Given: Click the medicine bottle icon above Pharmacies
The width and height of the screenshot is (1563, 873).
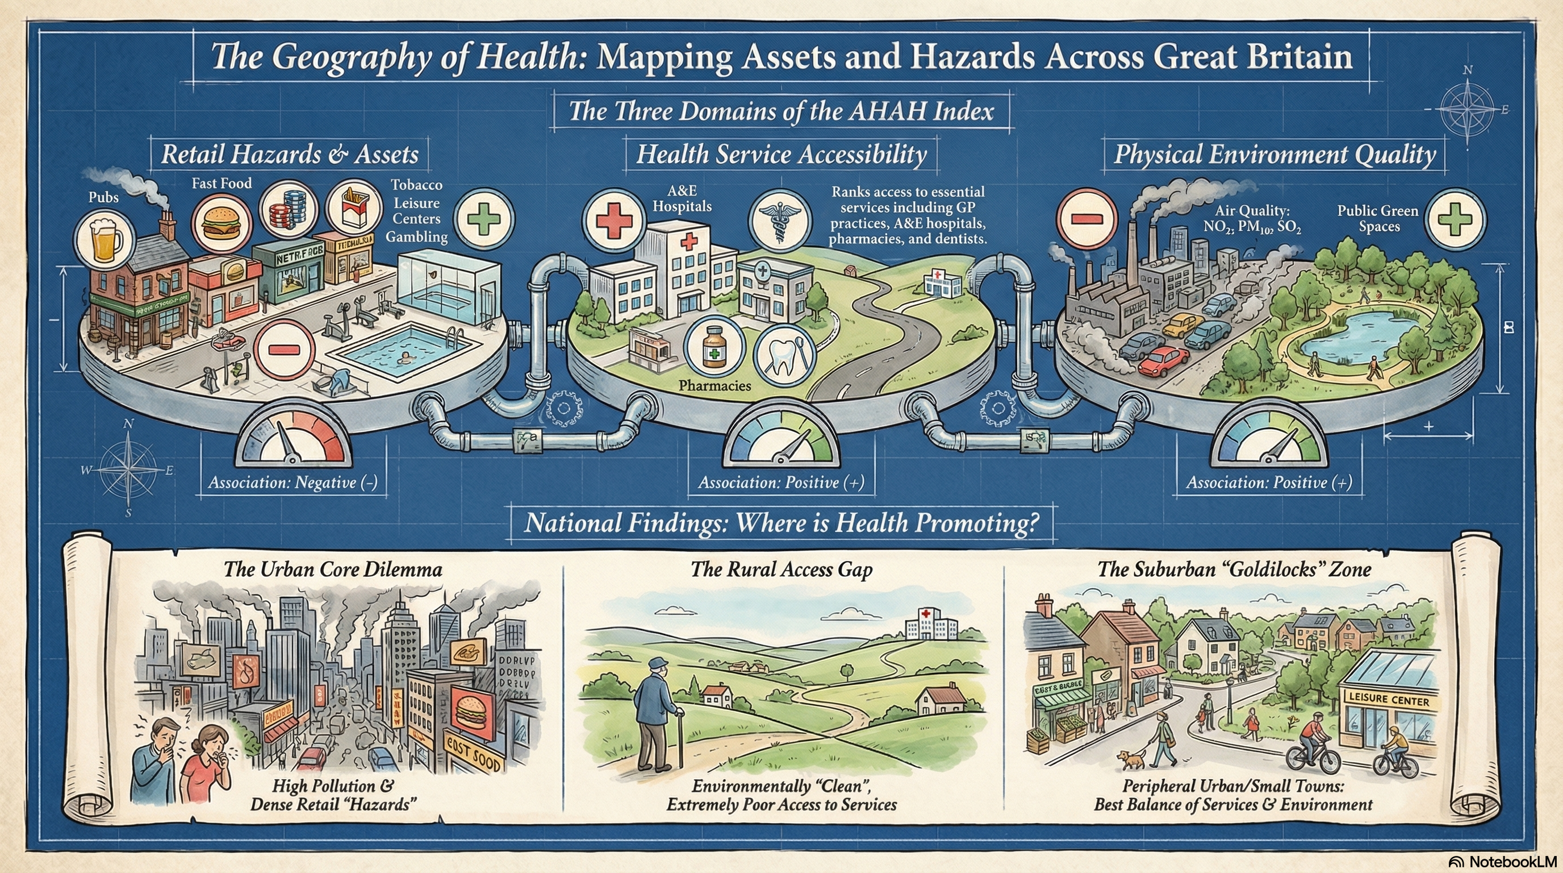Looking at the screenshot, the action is pos(713,346).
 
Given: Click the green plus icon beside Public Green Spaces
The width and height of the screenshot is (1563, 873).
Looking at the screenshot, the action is pos(1455,220).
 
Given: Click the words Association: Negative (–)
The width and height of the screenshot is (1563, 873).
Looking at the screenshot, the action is pos(293,483).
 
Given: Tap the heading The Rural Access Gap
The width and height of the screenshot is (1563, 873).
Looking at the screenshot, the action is pos(781,569).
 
